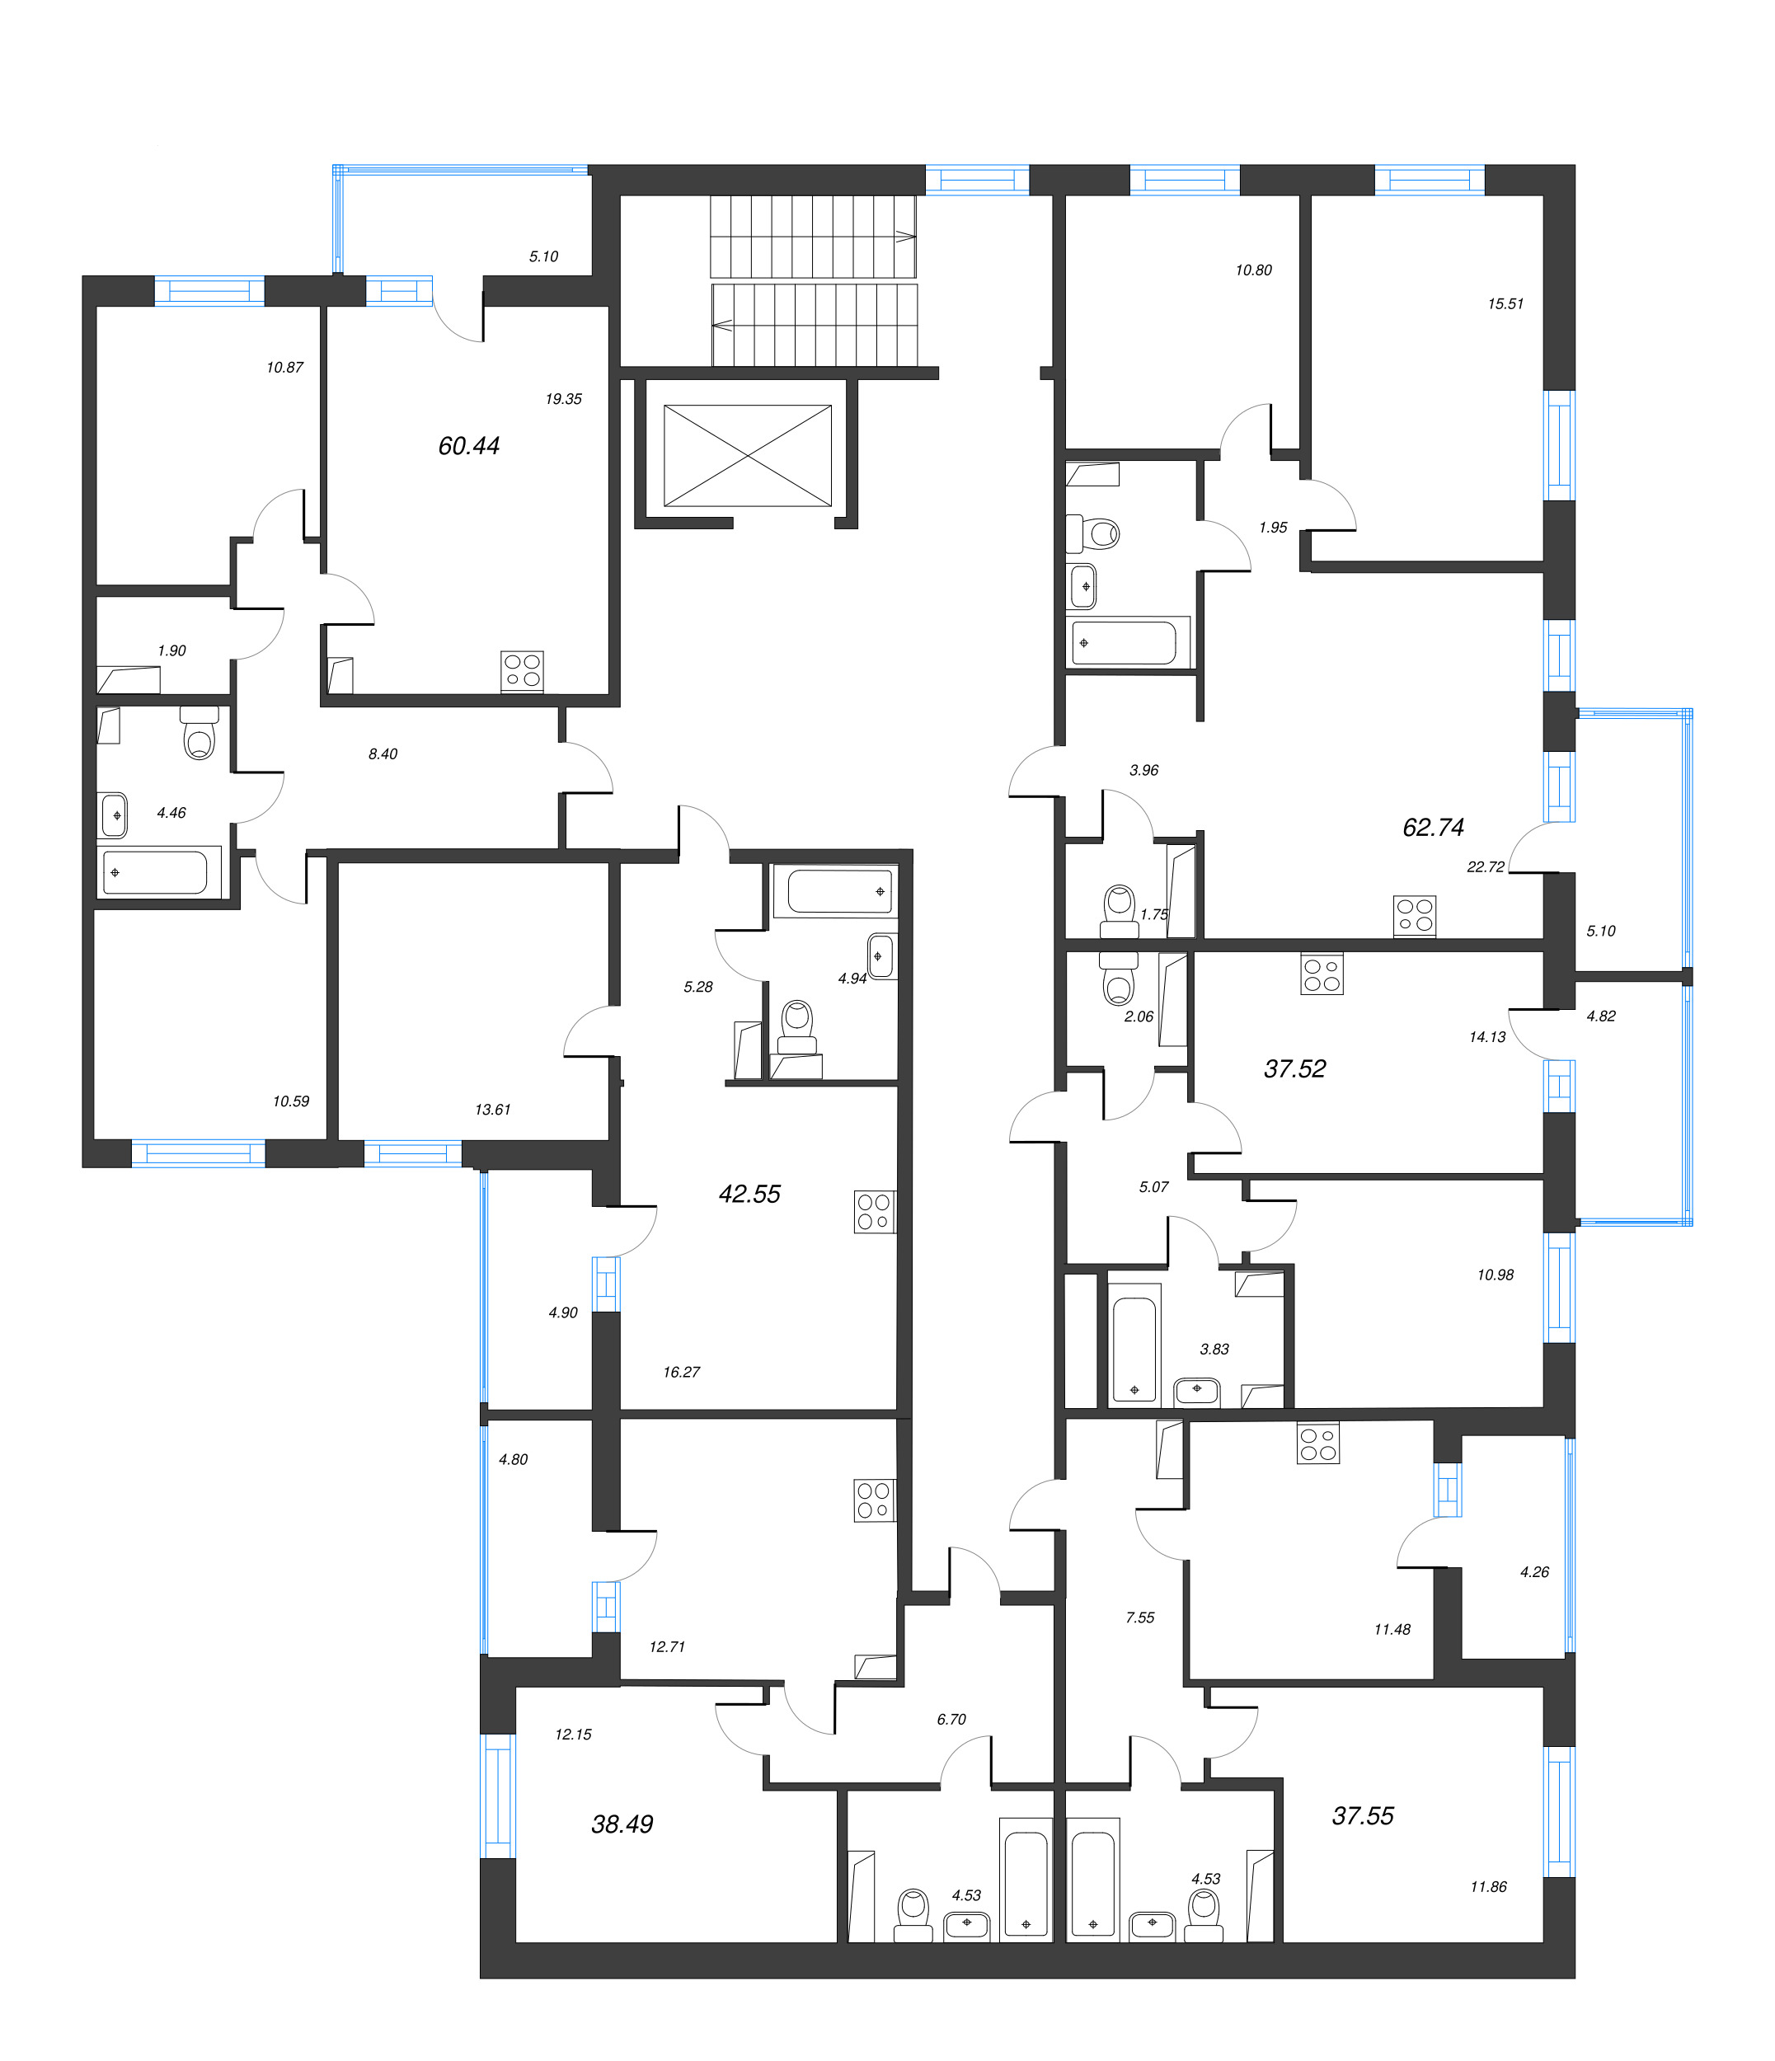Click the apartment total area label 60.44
[x=468, y=446]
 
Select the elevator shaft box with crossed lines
[x=747, y=456]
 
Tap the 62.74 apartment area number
[x=1433, y=827]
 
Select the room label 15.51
[x=1505, y=303]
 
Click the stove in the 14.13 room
[x=1322, y=974]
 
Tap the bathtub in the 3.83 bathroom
[x=1134, y=1344]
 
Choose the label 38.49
[x=622, y=1824]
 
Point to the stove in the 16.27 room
[x=874, y=1212]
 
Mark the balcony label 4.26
[x=1534, y=1571]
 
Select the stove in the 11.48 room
[x=1317, y=1444]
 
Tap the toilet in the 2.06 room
[x=1120, y=979]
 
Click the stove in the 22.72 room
[x=1414, y=915]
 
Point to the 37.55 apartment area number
[x=1362, y=1815]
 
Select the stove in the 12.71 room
[x=874, y=1500]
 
